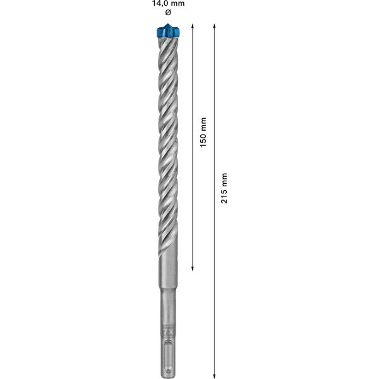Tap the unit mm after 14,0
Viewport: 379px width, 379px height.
pos(178,4)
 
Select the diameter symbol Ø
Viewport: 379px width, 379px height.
pos(168,13)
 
